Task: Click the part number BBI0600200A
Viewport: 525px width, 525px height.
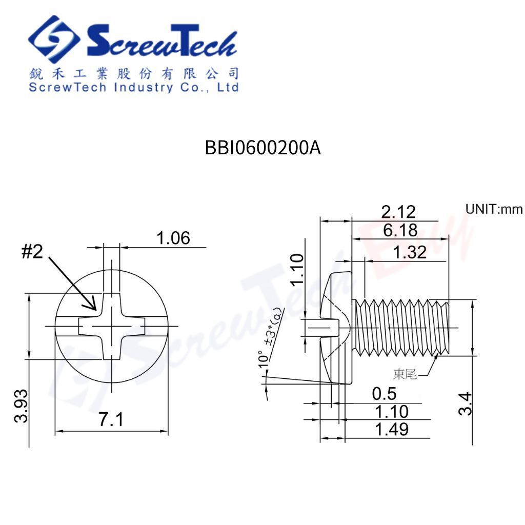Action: pyautogui.click(x=262, y=148)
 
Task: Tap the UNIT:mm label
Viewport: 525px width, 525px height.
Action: pyautogui.click(x=493, y=209)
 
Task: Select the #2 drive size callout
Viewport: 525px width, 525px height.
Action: pyautogui.click(x=32, y=251)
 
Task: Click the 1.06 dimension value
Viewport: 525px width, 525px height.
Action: pyautogui.click(x=173, y=238)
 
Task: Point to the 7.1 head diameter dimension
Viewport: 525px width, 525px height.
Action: pyautogui.click(x=111, y=420)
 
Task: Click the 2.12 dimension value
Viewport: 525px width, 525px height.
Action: pyautogui.click(x=398, y=211)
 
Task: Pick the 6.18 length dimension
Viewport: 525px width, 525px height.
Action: pyautogui.click(x=400, y=230)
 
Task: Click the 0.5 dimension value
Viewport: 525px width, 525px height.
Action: pyautogui.click(x=384, y=394)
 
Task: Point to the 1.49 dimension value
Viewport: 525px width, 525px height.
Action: pyautogui.click(x=392, y=429)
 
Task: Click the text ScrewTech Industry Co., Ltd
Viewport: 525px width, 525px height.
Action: pyautogui.click(x=134, y=87)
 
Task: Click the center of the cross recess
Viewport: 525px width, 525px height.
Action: pyautogui.click(x=111, y=326)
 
